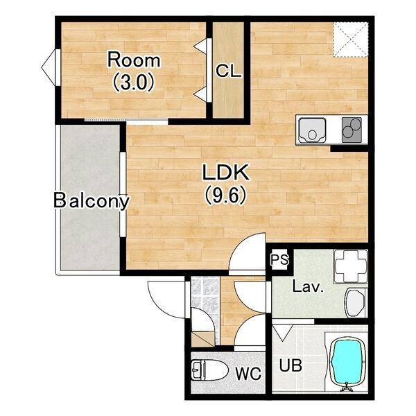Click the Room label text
point(134,60)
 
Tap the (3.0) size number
point(134,83)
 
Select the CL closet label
point(228,71)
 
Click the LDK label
point(226,172)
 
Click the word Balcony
point(92,201)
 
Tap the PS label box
point(279,260)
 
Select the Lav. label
point(308,287)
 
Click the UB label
point(291,365)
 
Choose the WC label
point(249,374)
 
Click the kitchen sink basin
point(312,130)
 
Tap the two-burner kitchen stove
point(352,130)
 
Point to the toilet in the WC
point(209,370)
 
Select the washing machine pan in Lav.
point(351,266)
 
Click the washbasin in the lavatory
point(356,303)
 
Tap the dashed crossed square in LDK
point(351,40)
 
